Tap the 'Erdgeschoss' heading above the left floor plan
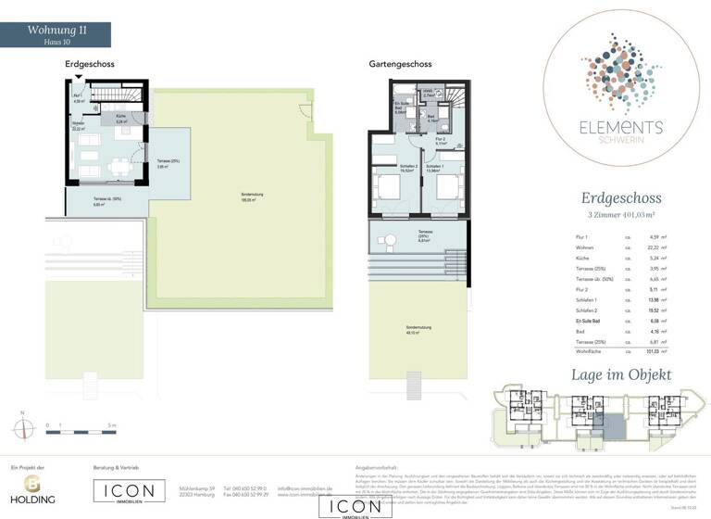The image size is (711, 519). click(x=89, y=65)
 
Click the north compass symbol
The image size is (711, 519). click(x=22, y=427)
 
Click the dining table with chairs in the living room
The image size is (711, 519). click(x=119, y=167)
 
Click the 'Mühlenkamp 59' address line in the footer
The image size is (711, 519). click(x=196, y=487)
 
